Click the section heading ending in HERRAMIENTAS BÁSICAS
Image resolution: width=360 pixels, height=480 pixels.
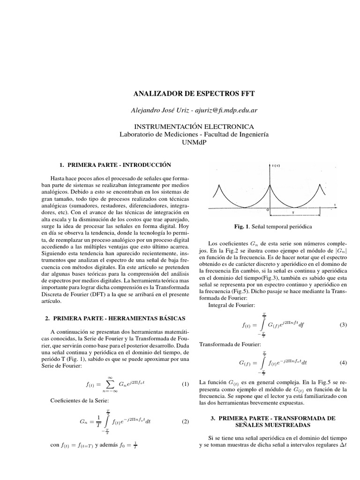click(116, 318)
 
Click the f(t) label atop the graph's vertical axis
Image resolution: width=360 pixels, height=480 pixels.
click(275, 165)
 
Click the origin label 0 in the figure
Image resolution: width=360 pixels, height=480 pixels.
click(268, 210)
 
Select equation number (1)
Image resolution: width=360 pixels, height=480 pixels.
click(185, 384)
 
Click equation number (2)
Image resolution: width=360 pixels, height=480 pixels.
click(185, 421)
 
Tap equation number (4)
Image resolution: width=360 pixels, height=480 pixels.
click(342, 363)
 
